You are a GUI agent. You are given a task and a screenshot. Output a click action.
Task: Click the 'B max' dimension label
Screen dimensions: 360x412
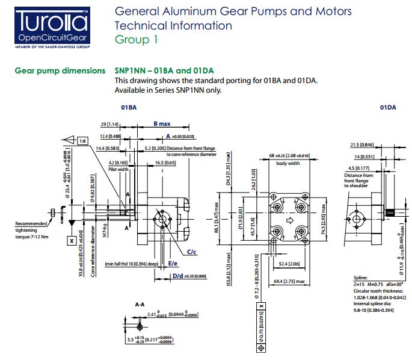pyautogui.click(x=162, y=123)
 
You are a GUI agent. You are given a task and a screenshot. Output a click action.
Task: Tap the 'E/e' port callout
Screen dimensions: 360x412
pyautogui.click(x=173, y=263)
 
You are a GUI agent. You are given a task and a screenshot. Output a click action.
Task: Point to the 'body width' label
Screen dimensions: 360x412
pyautogui.click(x=288, y=163)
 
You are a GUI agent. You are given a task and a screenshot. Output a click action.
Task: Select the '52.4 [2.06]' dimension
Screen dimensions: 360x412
pyautogui.click(x=290, y=263)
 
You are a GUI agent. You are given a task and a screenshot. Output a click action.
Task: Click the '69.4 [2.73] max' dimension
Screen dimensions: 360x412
pyautogui.click(x=290, y=281)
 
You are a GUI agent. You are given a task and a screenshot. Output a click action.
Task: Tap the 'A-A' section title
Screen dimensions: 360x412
pyautogui.click(x=139, y=305)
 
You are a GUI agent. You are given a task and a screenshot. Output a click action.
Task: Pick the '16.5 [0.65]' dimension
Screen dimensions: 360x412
pyautogui.click(x=164, y=163)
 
